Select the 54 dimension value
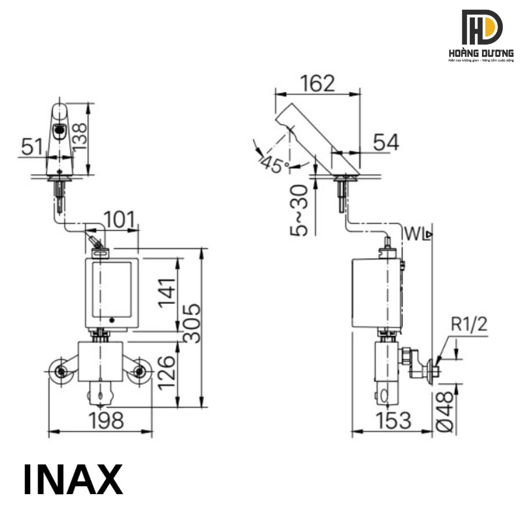386,142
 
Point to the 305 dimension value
193,322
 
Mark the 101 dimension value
120,220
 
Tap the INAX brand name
73,479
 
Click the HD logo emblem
481,27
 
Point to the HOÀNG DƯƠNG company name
481,53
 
